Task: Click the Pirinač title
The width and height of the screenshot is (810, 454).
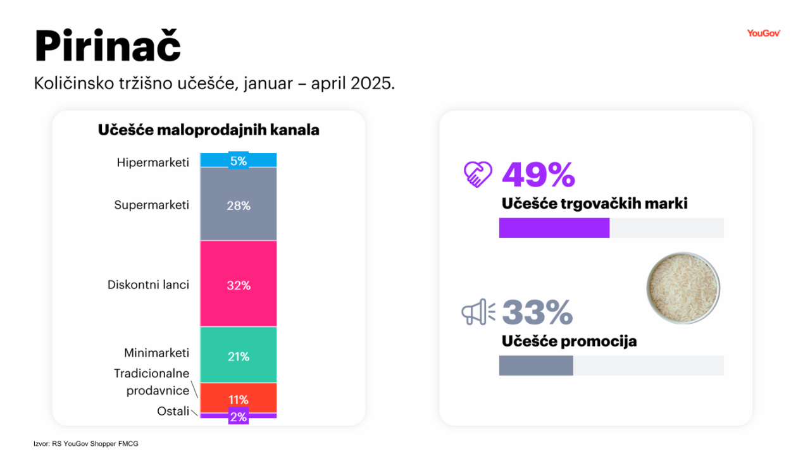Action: (x=108, y=45)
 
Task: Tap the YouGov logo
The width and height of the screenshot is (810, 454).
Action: (x=764, y=34)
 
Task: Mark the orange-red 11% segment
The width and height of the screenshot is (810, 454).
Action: (x=239, y=399)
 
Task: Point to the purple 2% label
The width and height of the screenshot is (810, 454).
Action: (x=239, y=417)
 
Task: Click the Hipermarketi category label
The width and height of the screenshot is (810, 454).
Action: (x=153, y=163)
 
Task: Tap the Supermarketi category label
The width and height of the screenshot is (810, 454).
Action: (x=152, y=205)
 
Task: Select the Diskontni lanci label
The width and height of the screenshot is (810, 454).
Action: (x=148, y=285)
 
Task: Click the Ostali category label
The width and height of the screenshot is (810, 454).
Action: (x=173, y=412)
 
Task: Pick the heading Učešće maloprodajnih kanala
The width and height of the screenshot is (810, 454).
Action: (x=208, y=130)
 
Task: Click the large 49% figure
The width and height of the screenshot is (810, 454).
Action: (x=538, y=175)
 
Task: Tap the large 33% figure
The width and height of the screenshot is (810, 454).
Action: (x=537, y=312)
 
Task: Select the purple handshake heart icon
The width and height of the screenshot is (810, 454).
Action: (x=478, y=175)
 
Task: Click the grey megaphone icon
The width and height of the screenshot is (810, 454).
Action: (x=478, y=312)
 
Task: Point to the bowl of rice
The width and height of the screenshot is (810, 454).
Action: (x=683, y=288)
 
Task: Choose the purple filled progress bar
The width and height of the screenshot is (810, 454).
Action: (x=554, y=228)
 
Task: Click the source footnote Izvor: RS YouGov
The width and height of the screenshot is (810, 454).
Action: (x=86, y=444)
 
